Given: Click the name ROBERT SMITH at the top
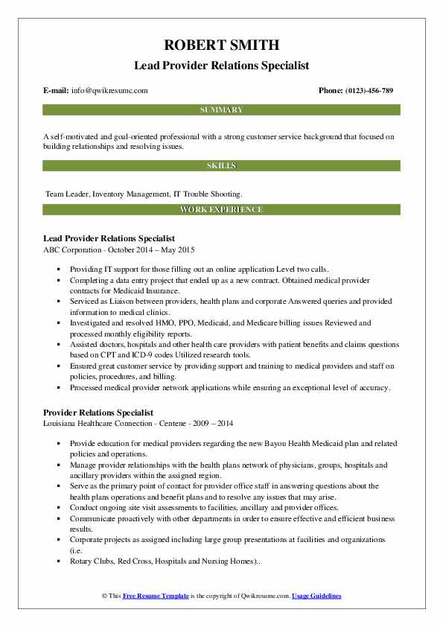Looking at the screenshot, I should tap(221, 44).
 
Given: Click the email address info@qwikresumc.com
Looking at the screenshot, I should tap(110, 91).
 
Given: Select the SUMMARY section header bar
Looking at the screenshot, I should tap(221, 110).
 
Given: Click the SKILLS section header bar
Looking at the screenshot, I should tap(221, 165).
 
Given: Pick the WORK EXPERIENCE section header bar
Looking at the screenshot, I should tap(221, 210).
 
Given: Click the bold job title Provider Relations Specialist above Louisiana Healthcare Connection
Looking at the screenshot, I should tap(98, 412).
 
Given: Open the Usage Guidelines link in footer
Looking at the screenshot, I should tap(316, 596).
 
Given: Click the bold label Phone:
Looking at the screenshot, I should tap(332, 91).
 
